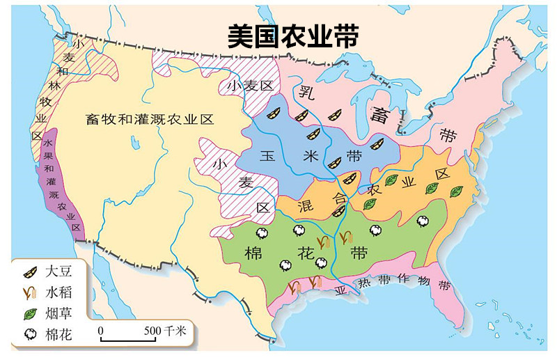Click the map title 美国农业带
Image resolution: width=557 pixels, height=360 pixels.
(x=293, y=35)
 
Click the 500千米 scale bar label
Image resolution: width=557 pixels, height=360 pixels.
(x=166, y=331)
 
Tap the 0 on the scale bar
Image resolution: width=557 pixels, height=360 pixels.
(x=101, y=330)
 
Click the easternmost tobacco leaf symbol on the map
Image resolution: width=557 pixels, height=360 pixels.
(x=457, y=191)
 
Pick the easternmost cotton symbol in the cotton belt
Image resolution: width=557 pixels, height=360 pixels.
(x=423, y=220)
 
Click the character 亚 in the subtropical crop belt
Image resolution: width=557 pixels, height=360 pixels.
(x=341, y=290)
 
